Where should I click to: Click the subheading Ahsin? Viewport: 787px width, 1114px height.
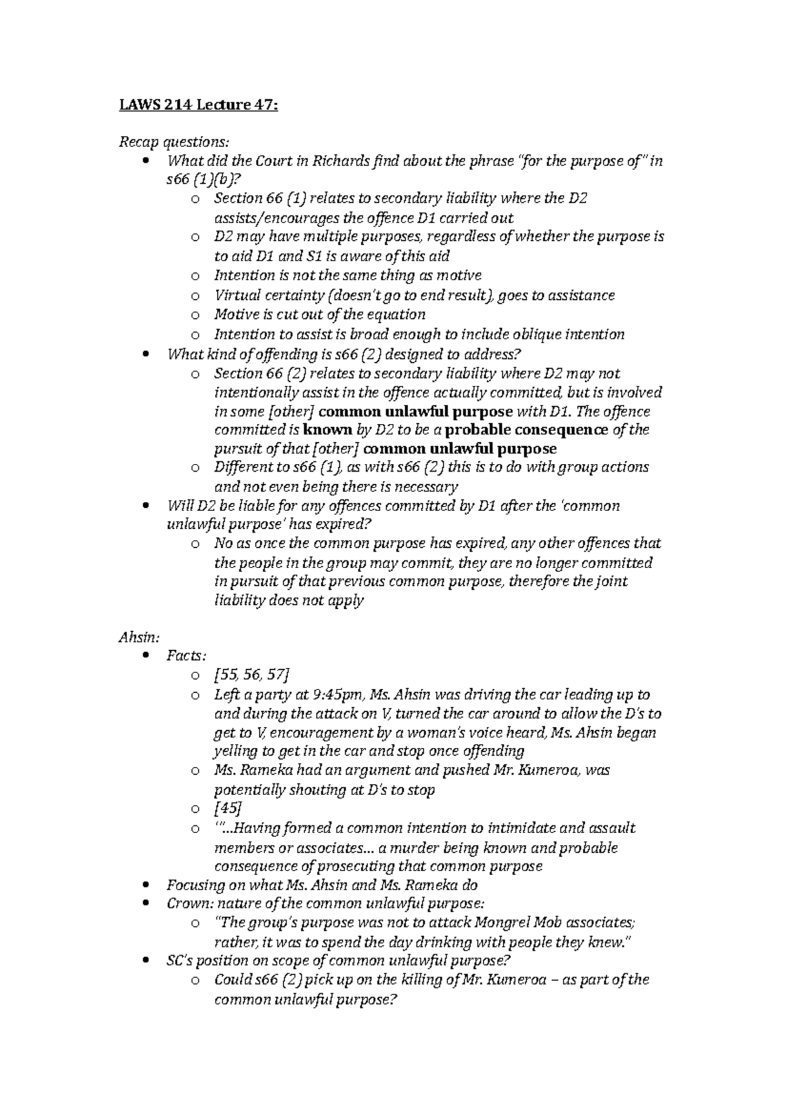[x=140, y=637]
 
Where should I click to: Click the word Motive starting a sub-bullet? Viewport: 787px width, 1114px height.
[x=234, y=314]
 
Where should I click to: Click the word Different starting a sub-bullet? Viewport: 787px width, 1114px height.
[x=241, y=467]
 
